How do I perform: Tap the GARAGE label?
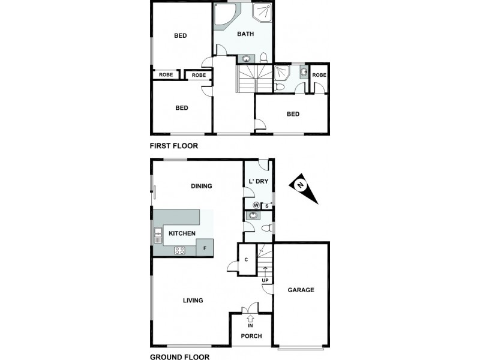pyautogui.click(x=301, y=290)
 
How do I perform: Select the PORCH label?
pyautogui.click(x=251, y=336)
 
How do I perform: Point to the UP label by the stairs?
pyautogui.click(x=265, y=280)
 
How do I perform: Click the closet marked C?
pyautogui.click(x=247, y=260)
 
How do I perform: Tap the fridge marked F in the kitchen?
pyautogui.click(x=205, y=248)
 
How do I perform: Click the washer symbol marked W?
pyautogui.click(x=256, y=205)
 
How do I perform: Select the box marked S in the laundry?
pyautogui.click(x=266, y=206)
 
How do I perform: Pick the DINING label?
pyautogui.click(x=202, y=186)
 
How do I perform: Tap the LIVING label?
pyautogui.click(x=193, y=301)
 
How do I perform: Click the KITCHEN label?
pyautogui.click(x=182, y=233)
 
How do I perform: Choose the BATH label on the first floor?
pyautogui.click(x=245, y=34)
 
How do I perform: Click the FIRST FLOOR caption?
pyautogui.click(x=173, y=146)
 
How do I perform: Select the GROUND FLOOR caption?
pyautogui.click(x=179, y=356)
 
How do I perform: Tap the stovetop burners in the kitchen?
pyautogui.click(x=179, y=250)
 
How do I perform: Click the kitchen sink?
pyautogui.click(x=158, y=234)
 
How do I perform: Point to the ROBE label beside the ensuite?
pyautogui.click(x=319, y=75)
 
